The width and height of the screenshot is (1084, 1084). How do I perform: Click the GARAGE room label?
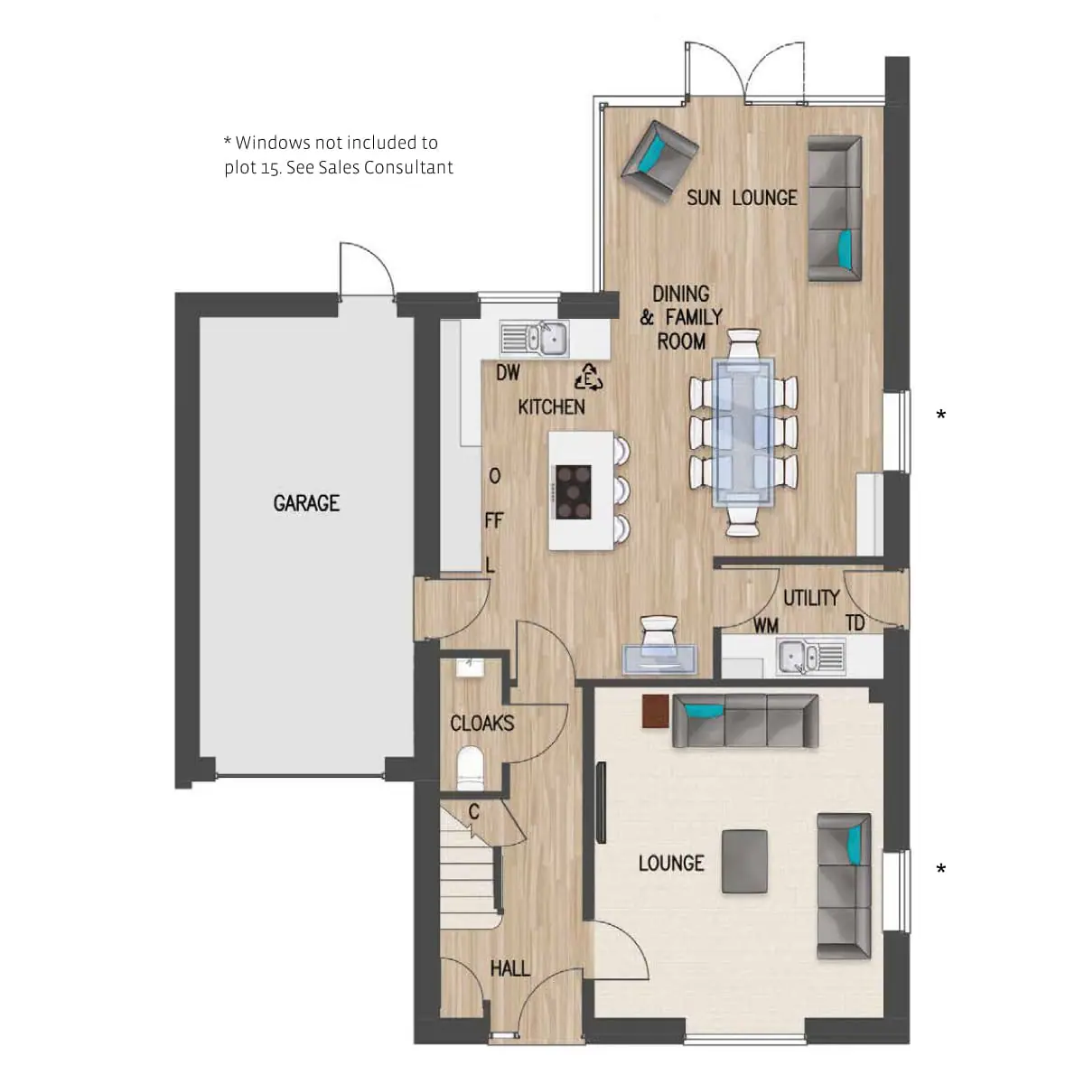tap(306, 503)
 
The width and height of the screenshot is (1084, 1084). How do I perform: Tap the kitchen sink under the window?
tap(534, 339)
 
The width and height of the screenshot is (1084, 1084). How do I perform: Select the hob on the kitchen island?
tap(574, 491)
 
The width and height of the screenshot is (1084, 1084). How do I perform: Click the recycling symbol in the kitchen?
tap(588, 377)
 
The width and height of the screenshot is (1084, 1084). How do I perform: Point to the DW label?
tap(508, 372)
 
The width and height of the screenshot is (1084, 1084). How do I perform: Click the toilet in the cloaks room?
tap(471, 769)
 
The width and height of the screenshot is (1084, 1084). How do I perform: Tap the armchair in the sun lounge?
tap(659, 161)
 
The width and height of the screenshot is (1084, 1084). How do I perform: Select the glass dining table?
tap(743, 432)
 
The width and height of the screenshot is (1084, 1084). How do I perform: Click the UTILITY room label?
tap(811, 598)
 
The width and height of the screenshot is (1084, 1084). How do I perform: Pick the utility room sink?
tap(810, 656)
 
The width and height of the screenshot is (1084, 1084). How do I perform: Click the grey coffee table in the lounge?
tap(744, 862)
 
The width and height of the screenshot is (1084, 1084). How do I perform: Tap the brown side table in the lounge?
tap(656, 712)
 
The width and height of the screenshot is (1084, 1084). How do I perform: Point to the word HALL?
tap(510, 968)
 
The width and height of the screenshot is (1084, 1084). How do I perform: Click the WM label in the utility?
tap(766, 625)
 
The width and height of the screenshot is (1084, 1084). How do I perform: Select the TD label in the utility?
tap(855, 623)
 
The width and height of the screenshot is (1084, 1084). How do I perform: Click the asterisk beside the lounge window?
tap(940, 869)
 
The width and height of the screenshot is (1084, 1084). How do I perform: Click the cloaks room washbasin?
tap(471, 668)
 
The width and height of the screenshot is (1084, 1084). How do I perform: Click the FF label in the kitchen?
tap(494, 520)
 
